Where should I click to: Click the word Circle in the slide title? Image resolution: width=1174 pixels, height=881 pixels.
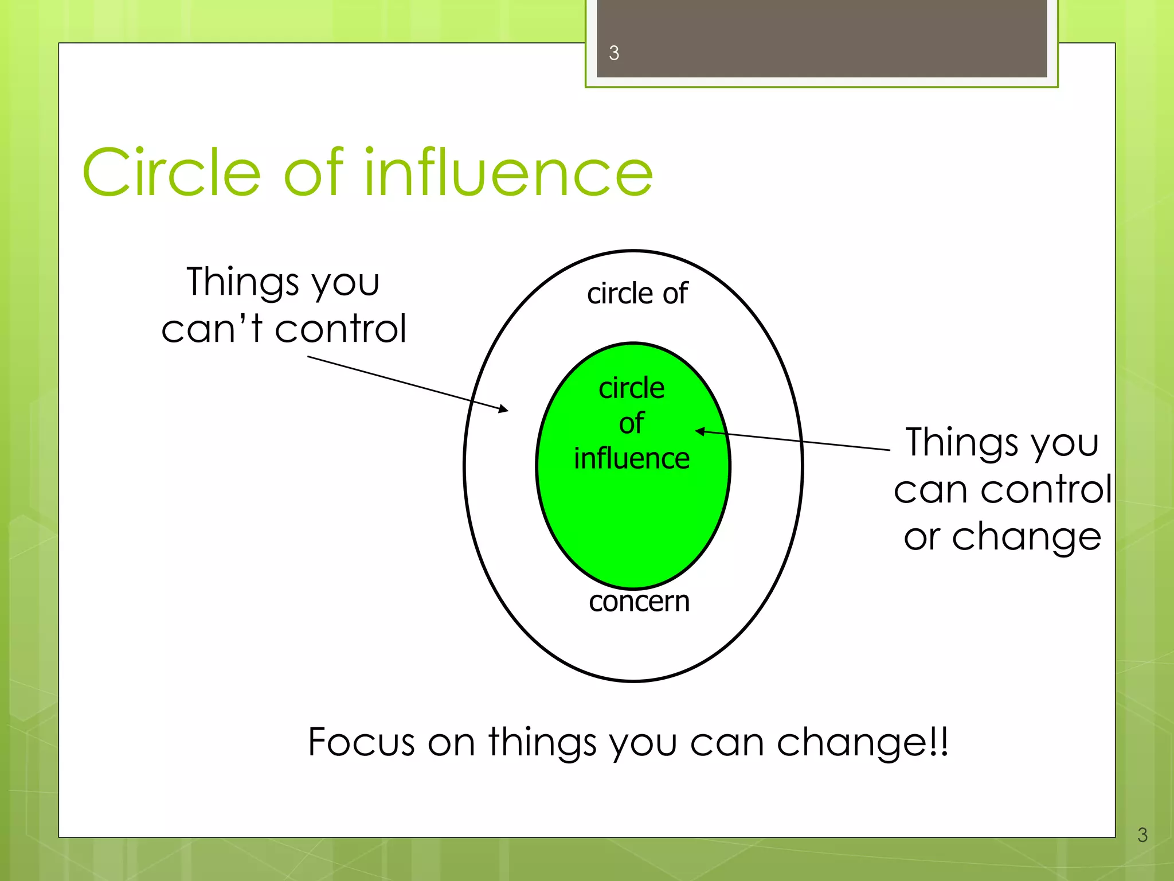click(172, 172)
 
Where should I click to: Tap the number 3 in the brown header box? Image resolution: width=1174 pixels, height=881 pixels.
click(614, 53)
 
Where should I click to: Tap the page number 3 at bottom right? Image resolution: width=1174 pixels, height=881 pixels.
click(1142, 835)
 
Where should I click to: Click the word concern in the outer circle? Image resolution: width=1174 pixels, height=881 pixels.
click(639, 602)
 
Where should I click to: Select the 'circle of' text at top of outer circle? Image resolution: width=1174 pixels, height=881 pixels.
click(637, 294)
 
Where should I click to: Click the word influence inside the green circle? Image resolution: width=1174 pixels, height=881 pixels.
click(632, 459)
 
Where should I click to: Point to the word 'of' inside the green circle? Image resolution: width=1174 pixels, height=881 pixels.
click(631, 424)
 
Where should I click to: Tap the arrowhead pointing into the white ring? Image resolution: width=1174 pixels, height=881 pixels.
click(504, 409)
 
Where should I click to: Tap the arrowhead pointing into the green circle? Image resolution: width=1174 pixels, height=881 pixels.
click(700, 431)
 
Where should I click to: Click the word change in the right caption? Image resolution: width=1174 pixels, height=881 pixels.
click(1026, 537)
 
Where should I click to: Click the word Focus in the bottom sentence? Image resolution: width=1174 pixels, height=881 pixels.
click(361, 742)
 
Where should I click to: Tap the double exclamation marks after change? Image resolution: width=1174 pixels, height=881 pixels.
click(939, 742)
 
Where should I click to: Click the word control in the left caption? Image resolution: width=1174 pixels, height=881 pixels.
click(341, 329)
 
